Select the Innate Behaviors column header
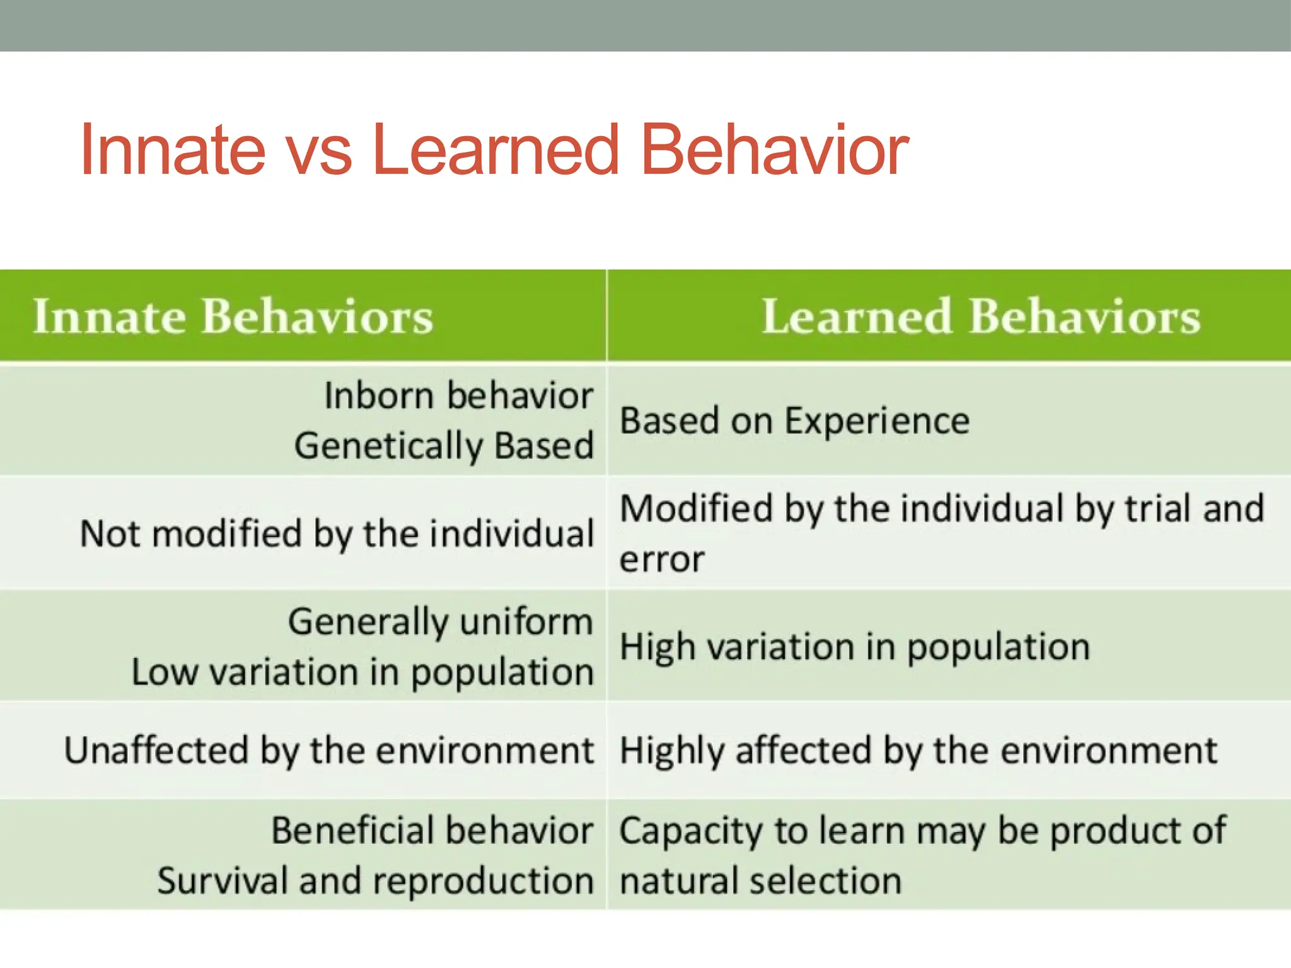pos(233,316)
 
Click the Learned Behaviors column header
pos(981,316)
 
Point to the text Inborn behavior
pos(458,396)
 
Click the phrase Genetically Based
pos(444,446)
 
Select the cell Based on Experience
pos(794,421)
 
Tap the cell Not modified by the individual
pos(337,534)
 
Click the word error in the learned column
pos(662,560)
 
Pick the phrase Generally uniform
pos(441,622)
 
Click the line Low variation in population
pos(362,672)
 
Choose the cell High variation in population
pos(854,647)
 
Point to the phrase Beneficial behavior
pos(432,831)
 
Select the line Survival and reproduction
pos(376,880)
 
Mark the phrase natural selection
pos(760,880)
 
